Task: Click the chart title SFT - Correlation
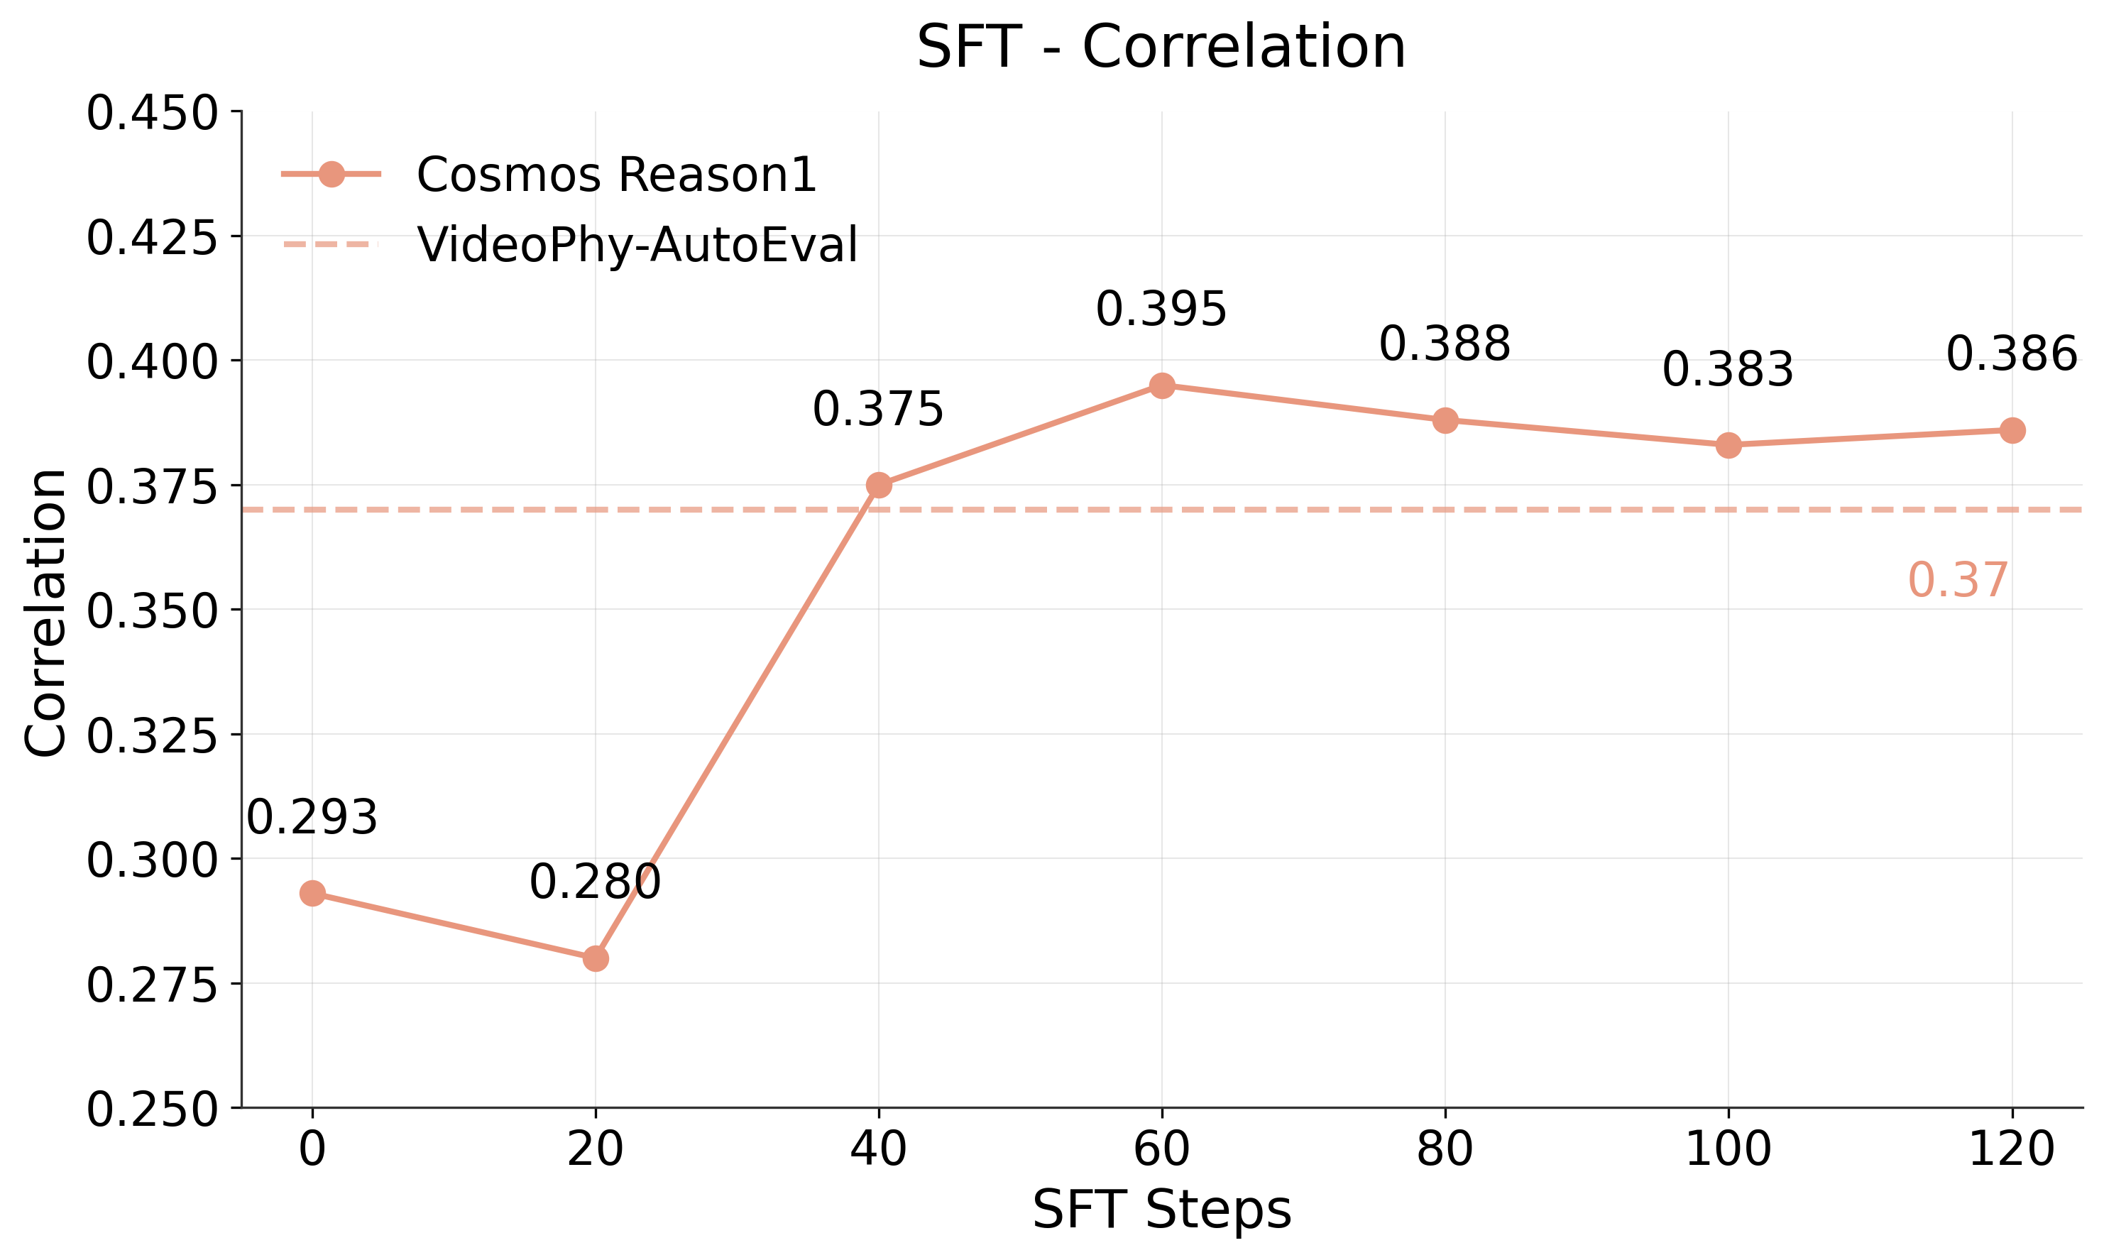point(1161,48)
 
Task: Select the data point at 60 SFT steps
point(1161,385)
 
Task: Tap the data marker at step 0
point(312,893)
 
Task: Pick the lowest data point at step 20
point(595,958)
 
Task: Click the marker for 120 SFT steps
point(2012,430)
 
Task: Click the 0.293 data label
point(312,818)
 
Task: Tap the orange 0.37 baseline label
point(1957,581)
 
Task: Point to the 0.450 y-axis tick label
point(152,114)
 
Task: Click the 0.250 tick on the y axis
point(152,1110)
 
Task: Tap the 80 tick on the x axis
point(1445,1151)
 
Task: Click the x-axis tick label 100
point(1727,1151)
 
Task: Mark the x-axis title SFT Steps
point(1161,1209)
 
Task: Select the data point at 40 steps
point(879,486)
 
